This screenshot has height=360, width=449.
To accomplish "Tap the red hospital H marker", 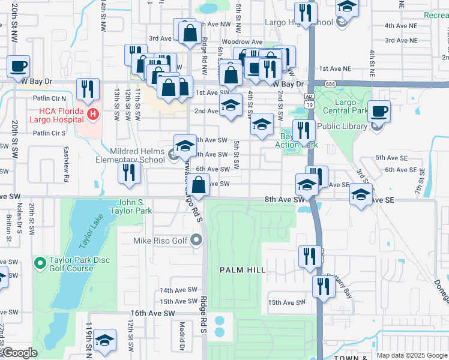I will [x=92, y=113].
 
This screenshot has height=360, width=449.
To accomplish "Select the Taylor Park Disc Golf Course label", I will [x=71, y=265].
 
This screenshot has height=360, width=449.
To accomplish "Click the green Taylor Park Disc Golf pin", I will [x=40, y=263].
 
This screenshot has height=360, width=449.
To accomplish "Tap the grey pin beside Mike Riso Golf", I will [x=197, y=241].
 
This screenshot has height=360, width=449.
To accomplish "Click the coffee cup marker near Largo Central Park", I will [x=379, y=110].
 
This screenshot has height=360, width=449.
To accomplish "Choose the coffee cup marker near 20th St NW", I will [x=18, y=66].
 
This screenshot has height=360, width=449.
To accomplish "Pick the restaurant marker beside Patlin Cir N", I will [x=88, y=89].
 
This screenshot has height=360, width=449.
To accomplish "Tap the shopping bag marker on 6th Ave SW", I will [x=200, y=185].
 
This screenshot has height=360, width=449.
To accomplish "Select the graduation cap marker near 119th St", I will [x=105, y=341].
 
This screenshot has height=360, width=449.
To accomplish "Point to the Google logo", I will [x=20, y=353].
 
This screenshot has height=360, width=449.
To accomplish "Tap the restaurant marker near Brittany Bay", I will [x=323, y=286].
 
